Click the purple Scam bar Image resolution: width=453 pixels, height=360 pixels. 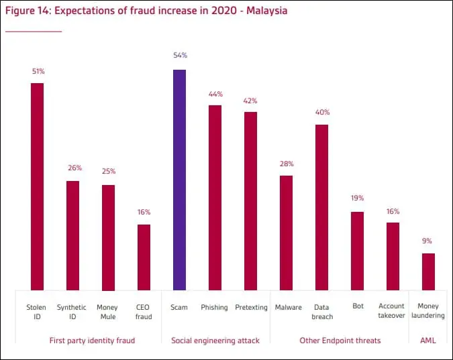(179, 180)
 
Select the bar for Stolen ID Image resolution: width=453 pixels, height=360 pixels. (37, 186)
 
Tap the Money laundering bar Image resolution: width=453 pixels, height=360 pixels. (428, 272)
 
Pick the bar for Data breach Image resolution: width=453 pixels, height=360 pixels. (321, 207)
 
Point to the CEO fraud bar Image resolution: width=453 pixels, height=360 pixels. (144, 257)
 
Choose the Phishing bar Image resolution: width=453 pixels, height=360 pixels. (215, 197)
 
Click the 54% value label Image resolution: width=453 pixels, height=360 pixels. (179, 56)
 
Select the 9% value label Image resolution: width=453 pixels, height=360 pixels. (427, 241)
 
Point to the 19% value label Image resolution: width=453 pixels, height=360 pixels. (357, 198)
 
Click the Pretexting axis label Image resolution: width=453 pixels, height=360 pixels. (251, 308)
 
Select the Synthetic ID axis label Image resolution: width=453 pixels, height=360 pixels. (72, 312)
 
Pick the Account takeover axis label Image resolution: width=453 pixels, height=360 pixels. (392, 311)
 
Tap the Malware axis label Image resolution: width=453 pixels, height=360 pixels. (288, 308)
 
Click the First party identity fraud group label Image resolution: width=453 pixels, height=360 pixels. (92, 341)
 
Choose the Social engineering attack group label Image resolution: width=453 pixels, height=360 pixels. (215, 341)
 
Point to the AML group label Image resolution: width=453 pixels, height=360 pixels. (427, 341)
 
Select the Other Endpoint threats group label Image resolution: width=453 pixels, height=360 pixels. (340, 341)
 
